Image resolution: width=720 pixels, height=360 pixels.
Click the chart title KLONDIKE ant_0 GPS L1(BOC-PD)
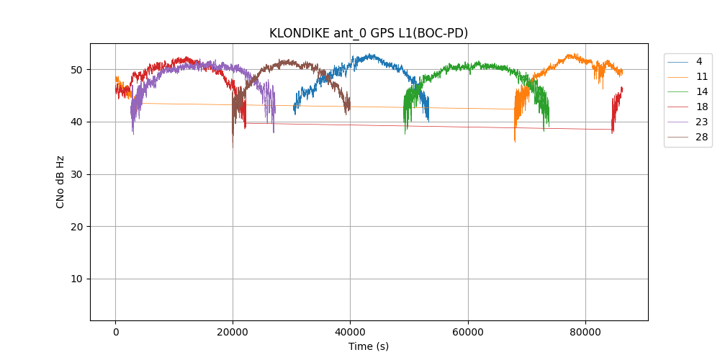368,33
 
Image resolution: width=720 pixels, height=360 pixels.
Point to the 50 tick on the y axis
76,70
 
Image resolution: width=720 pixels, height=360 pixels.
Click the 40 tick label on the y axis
76,122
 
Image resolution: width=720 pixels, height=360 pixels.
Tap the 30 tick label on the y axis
76,174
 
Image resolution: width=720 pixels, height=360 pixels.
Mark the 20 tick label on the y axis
76,227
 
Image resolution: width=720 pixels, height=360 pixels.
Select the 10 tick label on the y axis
76,279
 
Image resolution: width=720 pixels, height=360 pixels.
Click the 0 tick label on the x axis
115,332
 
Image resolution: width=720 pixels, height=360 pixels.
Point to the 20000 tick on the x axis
233,332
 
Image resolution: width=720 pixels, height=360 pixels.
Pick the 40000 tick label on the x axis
350,332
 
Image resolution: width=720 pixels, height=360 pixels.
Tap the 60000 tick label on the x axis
468,332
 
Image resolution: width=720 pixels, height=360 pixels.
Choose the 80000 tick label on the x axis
585,332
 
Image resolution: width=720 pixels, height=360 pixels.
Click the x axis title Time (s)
369,346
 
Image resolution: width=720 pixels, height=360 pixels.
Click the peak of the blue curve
370,54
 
